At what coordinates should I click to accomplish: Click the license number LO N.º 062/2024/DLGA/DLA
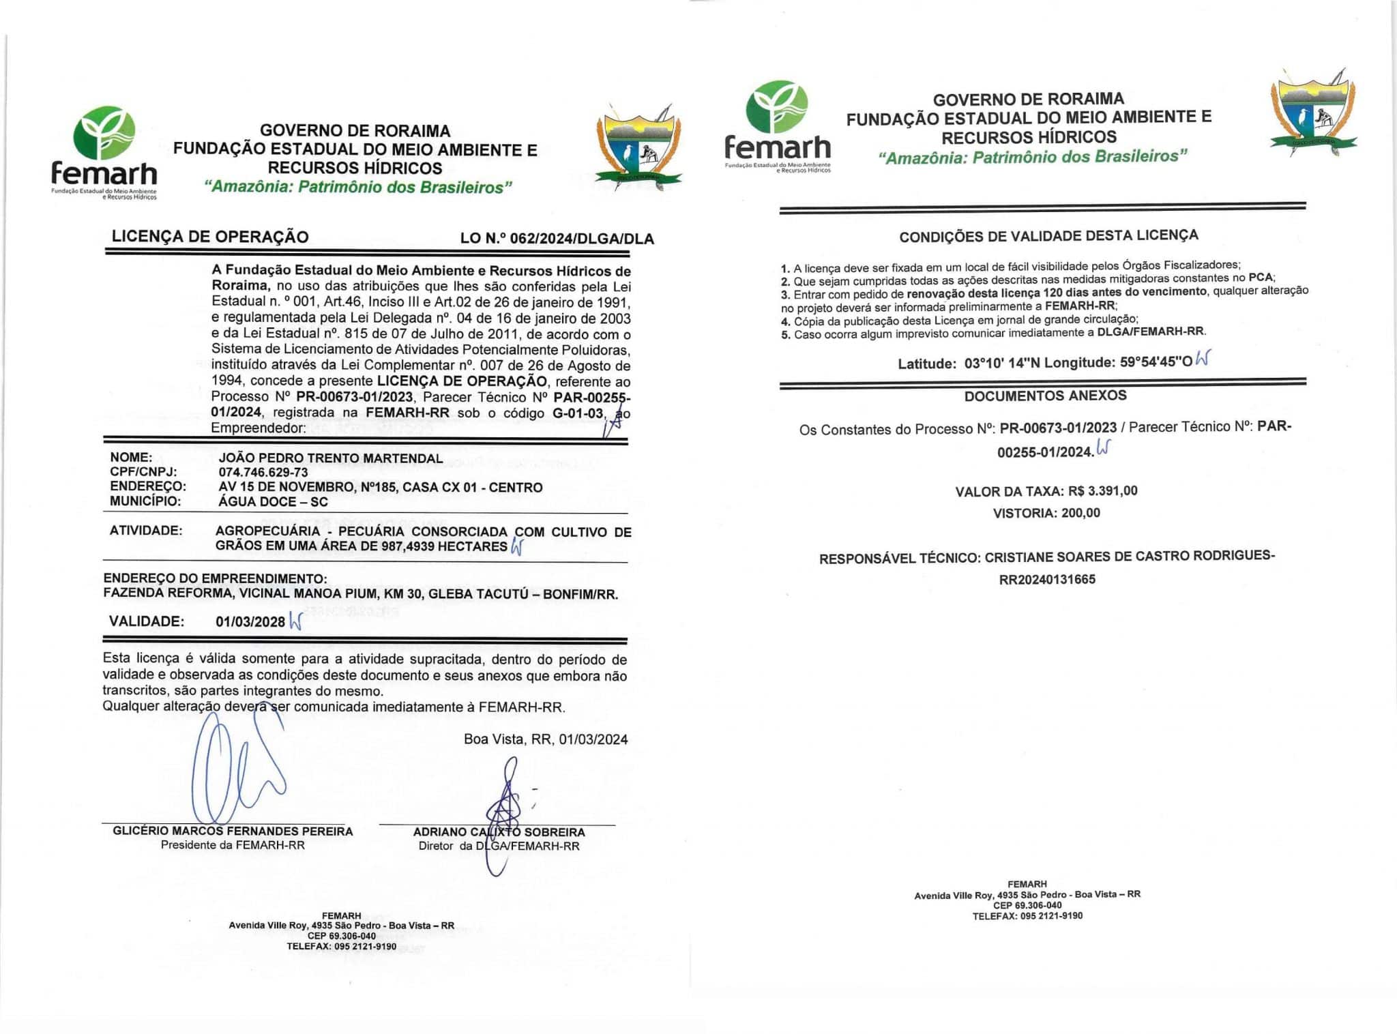(x=557, y=239)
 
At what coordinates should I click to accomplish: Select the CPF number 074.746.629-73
(x=263, y=473)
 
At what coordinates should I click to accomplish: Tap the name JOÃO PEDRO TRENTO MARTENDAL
(x=330, y=458)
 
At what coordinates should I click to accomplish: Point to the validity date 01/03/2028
(x=250, y=621)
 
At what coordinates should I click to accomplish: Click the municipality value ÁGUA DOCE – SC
(x=273, y=502)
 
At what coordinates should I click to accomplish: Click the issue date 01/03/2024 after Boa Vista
(x=593, y=739)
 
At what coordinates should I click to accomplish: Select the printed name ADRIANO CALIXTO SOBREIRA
(x=499, y=832)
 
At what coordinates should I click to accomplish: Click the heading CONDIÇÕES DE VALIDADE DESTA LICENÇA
(x=1048, y=236)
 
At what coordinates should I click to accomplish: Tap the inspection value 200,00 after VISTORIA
(x=1080, y=513)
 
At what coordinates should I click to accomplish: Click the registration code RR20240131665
(x=1047, y=580)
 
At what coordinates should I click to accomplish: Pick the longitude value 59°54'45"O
(x=1156, y=362)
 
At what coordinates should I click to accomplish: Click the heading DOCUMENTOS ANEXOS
(x=1045, y=396)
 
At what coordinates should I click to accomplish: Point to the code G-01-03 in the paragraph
(x=578, y=413)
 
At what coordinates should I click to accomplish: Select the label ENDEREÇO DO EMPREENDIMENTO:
(x=215, y=578)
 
